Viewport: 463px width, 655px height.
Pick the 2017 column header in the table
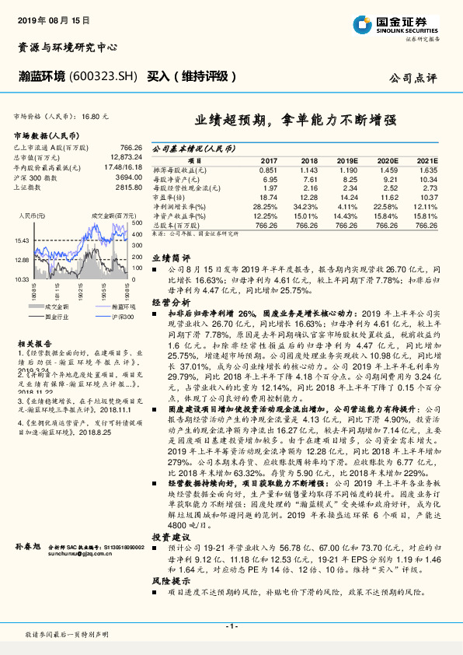268,159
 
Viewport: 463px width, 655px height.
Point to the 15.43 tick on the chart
22,241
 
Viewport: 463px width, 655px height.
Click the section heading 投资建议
170,515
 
